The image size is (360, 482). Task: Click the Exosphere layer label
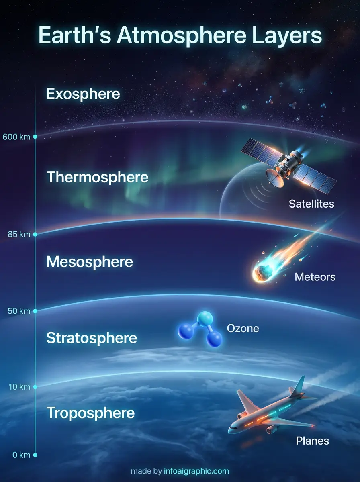83,94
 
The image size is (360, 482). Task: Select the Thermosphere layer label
98,177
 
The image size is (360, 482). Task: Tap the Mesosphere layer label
90,262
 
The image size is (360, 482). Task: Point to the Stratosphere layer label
92,338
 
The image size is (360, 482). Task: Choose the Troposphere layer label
90,413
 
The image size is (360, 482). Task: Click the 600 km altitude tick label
16,137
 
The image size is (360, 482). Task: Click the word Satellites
311,204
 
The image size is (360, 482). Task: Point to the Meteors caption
315,277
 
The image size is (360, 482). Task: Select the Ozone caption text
243,329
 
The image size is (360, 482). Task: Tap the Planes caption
312,441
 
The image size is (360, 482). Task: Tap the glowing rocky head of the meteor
261,273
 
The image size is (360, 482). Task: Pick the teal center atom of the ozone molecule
205,317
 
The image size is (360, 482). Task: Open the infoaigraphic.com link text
196,471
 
